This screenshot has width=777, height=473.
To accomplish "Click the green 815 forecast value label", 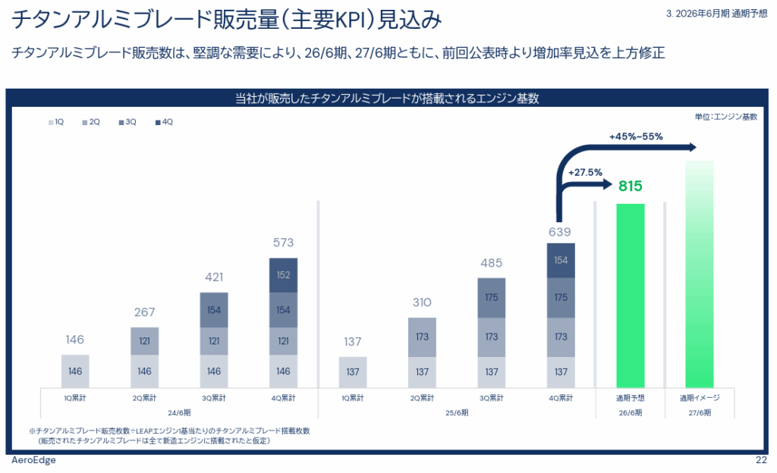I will (630, 186).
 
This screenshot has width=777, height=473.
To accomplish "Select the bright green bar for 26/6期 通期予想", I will (630, 296).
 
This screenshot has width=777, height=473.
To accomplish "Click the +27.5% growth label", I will (585, 172).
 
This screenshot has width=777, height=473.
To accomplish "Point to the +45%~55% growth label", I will (636, 137).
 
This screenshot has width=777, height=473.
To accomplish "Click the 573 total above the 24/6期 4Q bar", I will (283, 243).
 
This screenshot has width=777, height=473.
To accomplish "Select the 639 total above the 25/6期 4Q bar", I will (560, 231).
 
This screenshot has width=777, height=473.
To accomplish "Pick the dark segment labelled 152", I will (283, 276).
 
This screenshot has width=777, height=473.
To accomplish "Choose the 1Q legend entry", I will (56, 122).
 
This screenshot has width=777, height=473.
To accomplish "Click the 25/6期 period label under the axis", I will (457, 413).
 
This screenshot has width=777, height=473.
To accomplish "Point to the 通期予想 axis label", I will (630, 398).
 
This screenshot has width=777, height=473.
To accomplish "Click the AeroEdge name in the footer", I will (33, 461).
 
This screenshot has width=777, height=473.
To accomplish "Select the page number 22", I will (761, 461).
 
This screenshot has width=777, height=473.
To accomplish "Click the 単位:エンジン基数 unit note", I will (725, 117).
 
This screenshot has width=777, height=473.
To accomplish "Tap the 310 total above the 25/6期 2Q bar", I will (422, 303).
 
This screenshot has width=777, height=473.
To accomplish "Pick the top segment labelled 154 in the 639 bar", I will (561, 261).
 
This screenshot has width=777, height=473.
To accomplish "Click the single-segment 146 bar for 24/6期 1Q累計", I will (75, 371).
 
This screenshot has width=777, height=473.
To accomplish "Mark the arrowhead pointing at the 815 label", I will (609, 185).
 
